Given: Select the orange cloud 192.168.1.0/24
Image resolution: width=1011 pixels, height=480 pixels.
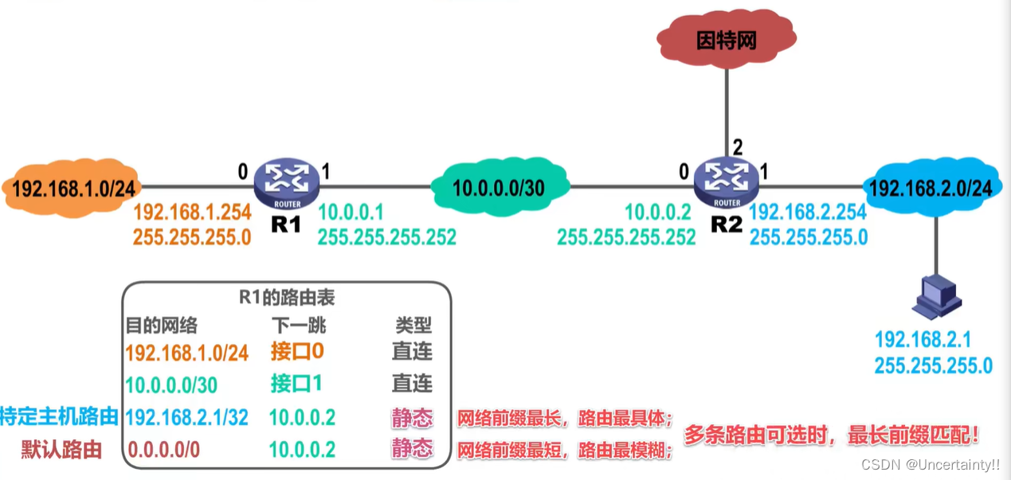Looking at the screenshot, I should point(71,188).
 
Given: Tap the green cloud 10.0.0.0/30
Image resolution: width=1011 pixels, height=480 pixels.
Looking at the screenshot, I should point(499,188).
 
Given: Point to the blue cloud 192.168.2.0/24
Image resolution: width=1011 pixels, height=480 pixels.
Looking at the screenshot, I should point(930,188).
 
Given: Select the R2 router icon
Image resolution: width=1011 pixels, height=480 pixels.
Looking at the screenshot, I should point(726,182).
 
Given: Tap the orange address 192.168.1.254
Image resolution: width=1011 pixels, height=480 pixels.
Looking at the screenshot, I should point(193,213).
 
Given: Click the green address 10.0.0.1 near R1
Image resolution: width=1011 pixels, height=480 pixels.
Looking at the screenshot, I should point(351,213).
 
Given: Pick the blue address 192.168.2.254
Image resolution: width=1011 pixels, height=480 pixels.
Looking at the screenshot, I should point(808,213).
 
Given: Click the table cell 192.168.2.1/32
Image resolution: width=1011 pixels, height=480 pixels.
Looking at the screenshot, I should point(187,416).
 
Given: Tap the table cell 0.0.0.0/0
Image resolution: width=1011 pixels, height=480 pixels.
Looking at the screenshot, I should point(163,450).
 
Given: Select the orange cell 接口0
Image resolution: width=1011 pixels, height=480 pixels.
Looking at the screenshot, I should point(297,351).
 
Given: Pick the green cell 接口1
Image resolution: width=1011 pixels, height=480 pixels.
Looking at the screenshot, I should point(297,384).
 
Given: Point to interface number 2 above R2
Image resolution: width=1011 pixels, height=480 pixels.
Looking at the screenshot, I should point(738,146).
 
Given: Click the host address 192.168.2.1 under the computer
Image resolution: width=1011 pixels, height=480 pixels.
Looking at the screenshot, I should point(923,340).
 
